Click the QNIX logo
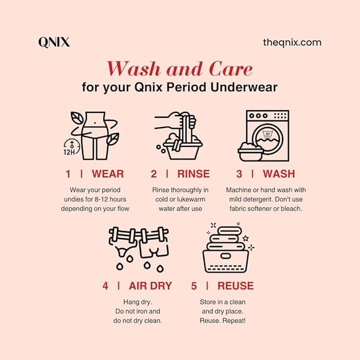54,42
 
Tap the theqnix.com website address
292,43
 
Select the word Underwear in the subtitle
244,87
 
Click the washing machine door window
268,139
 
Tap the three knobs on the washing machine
258,116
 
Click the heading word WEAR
108,174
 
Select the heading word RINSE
194,174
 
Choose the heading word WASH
279,174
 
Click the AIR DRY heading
151,286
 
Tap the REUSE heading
235,286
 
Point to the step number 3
239,174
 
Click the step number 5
194,286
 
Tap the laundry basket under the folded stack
226,261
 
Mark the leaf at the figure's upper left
77,118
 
